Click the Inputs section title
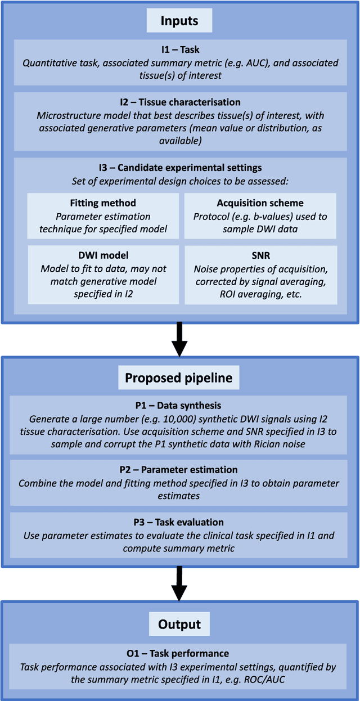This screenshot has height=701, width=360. (179, 21)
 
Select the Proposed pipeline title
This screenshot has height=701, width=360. (179, 378)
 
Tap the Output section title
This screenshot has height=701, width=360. (179, 624)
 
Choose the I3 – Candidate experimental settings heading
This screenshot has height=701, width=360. (179, 168)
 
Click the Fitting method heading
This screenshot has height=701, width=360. (102, 203)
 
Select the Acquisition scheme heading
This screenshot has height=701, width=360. (260, 203)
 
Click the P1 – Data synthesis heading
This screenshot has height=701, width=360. (179, 405)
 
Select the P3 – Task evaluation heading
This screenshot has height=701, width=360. (179, 522)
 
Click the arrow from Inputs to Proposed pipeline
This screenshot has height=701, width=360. (179, 340)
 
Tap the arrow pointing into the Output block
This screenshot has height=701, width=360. (179, 584)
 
